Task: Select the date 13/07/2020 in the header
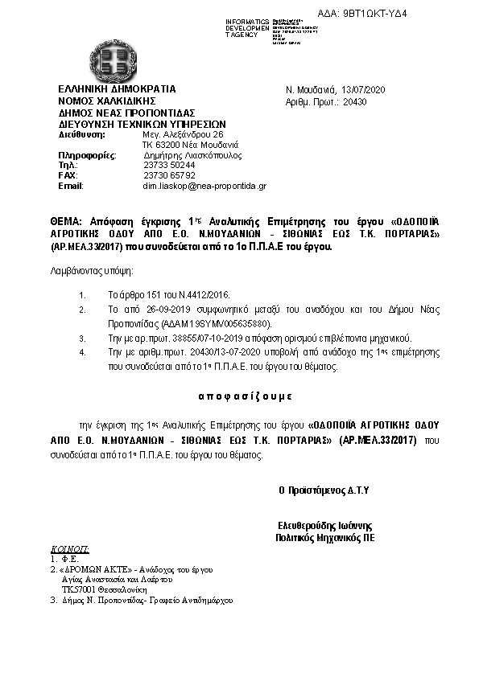pyautogui.click(x=364, y=90)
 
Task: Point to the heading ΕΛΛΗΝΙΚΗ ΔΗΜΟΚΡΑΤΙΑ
pyautogui.click(x=116, y=89)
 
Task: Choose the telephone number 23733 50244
pyautogui.click(x=169, y=165)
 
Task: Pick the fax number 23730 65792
pyautogui.click(x=169, y=174)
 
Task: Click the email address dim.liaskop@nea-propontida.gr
pyautogui.click(x=204, y=186)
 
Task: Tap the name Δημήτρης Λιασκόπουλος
pyautogui.click(x=192, y=155)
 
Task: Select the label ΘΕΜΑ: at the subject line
pyautogui.click(x=67, y=220)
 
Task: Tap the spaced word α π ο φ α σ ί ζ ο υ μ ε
pyautogui.click(x=243, y=396)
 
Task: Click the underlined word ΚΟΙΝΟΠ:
pyautogui.click(x=70, y=548)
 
